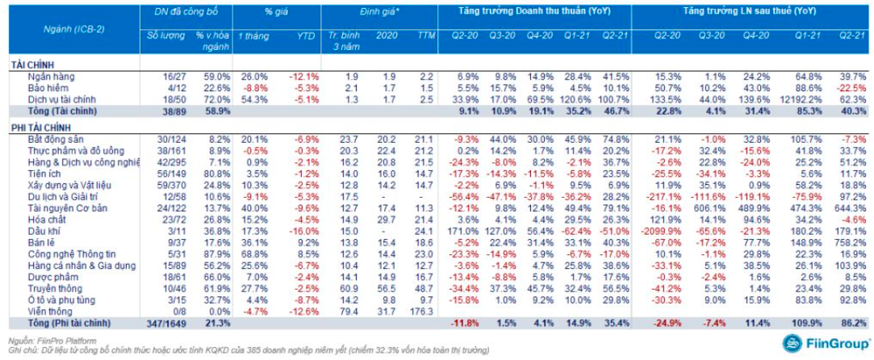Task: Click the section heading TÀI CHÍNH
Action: [30, 63]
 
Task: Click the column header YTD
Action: [304, 37]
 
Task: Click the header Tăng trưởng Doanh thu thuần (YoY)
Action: [533, 11]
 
